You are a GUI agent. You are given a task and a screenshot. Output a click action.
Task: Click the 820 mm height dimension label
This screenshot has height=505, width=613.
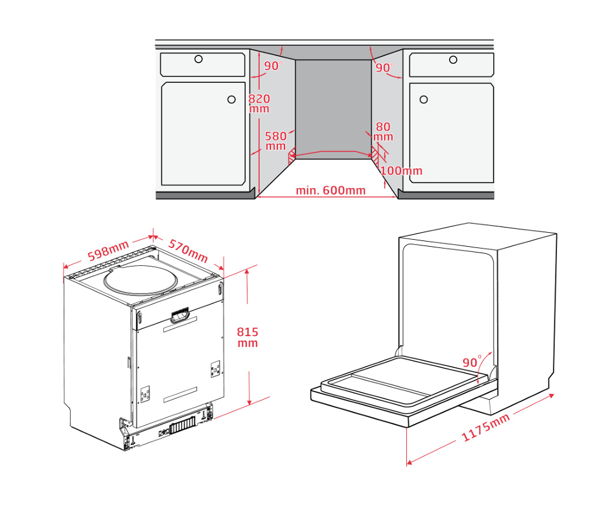click(259, 103)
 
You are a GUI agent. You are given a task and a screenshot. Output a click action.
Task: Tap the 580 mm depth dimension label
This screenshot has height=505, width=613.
click(276, 141)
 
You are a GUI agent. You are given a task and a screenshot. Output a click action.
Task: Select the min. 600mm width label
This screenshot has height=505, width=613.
click(330, 191)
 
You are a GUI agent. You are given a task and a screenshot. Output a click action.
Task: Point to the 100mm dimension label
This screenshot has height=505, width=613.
click(401, 171)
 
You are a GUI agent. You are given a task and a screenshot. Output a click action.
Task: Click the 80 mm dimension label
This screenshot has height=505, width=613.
click(383, 132)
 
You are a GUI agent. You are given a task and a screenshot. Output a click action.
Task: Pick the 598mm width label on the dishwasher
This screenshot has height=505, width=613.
click(108, 251)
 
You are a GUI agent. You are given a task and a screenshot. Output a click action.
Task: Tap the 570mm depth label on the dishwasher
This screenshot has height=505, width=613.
click(188, 251)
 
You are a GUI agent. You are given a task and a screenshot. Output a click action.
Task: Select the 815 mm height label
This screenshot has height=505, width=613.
click(247, 337)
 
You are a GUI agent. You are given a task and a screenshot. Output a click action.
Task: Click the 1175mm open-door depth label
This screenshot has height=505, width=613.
click(486, 427)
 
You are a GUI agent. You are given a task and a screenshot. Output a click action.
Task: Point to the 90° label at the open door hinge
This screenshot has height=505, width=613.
click(472, 362)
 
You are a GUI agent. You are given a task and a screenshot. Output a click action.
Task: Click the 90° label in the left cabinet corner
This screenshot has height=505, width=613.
click(273, 66)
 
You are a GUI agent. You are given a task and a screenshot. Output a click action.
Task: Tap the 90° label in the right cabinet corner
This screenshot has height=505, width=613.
click(385, 68)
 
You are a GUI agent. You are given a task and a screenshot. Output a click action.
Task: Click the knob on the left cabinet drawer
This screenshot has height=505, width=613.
click(198, 59)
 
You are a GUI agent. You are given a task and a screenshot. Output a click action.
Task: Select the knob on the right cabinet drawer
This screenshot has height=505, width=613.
click(453, 60)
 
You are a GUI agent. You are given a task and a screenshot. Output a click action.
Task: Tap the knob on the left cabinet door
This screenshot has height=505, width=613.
click(232, 99)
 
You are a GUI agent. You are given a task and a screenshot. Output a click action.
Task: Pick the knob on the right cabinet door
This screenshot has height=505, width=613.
click(424, 99)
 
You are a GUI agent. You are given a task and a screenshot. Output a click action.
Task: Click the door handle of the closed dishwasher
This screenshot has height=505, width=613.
click(180, 316)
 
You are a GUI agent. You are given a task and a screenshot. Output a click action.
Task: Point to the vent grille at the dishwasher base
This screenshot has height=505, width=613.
click(182, 425)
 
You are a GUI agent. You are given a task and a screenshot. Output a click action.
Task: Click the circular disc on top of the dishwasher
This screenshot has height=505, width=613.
click(141, 280)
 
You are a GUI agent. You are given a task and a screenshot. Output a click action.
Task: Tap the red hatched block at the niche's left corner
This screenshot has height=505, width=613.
click(292, 158)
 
